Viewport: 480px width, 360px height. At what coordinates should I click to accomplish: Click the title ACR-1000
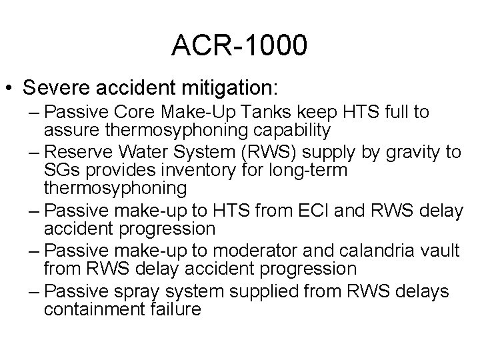click(x=239, y=45)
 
